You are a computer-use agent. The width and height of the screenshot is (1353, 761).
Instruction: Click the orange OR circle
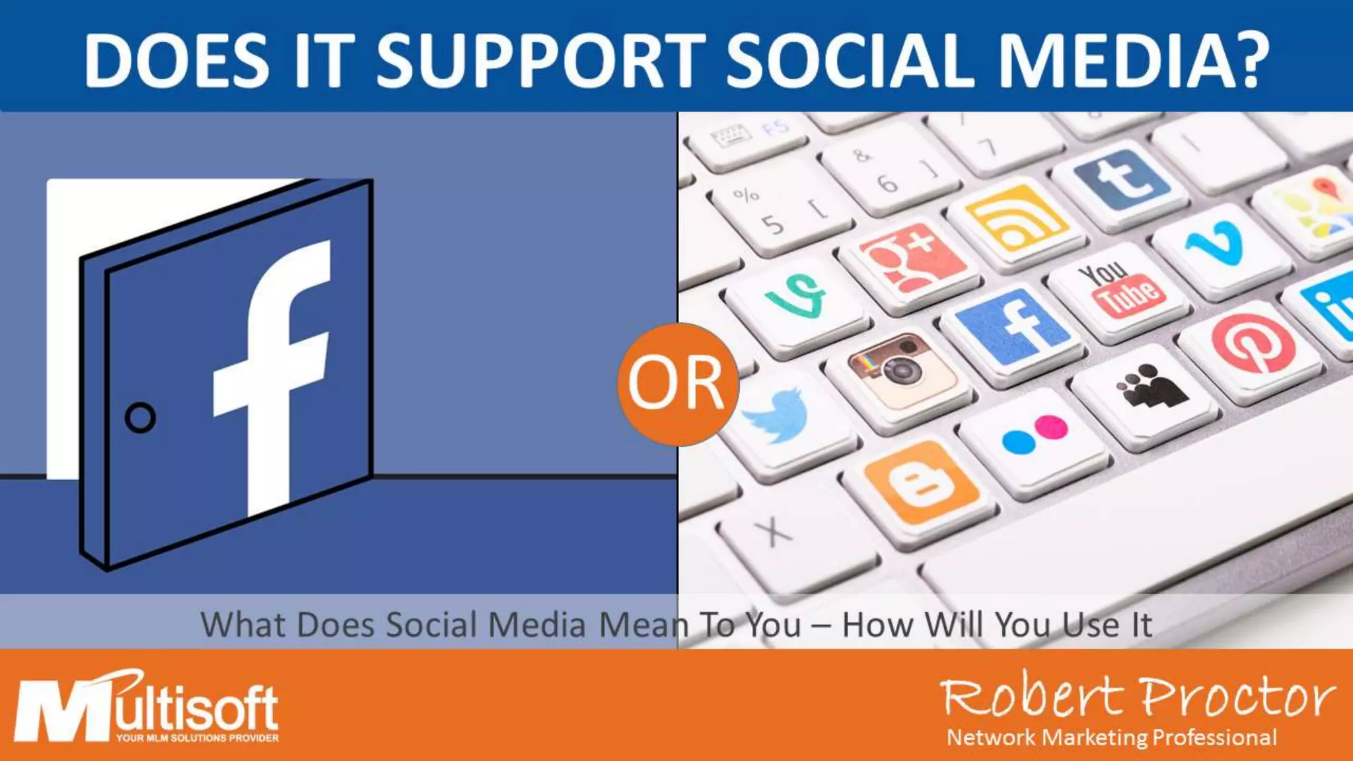point(676,384)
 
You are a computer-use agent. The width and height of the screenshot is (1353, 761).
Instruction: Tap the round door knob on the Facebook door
point(140,417)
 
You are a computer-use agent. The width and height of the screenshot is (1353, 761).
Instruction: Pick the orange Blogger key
point(922,483)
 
